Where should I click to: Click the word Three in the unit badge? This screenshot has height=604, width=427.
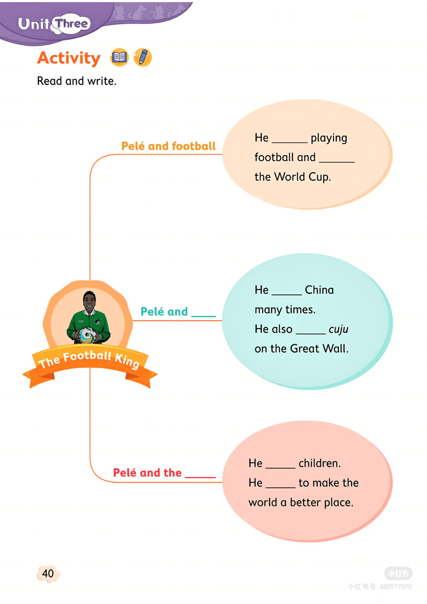click(72, 24)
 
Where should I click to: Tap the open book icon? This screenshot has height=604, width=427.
click(119, 57)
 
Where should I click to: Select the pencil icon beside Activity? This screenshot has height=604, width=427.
click(143, 57)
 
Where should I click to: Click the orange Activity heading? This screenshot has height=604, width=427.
click(69, 58)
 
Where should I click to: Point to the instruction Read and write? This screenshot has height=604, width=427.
click(76, 81)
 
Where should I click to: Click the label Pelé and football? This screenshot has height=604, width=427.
click(168, 146)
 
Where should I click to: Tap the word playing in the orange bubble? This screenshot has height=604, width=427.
click(329, 138)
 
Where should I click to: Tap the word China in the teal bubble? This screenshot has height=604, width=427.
click(319, 290)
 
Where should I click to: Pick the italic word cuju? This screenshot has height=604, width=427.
click(338, 329)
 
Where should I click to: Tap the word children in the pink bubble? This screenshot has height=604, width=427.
click(319, 464)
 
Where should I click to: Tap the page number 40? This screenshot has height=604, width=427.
click(48, 573)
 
